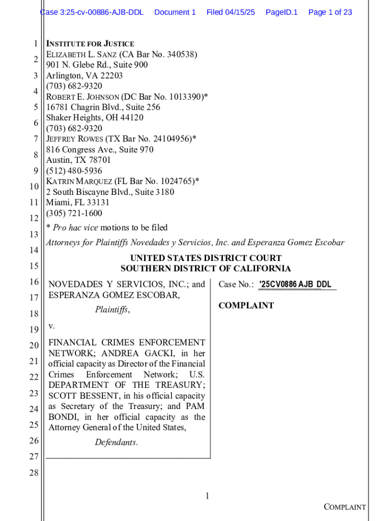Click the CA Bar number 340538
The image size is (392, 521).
click(178, 54)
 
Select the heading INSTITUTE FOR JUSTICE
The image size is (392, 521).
click(90, 44)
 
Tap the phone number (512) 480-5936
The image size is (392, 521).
click(74, 171)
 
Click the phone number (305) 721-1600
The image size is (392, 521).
click(74, 213)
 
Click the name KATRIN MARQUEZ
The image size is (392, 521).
click(79, 182)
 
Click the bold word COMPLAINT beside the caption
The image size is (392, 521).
click(246, 305)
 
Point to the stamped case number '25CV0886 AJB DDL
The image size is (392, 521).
click(295, 284)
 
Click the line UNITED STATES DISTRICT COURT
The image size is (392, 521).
click(206, 258)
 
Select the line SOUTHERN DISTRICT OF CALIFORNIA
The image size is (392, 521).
click(206, 269)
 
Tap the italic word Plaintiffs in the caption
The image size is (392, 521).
click(112, 309)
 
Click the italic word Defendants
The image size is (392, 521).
click(116, 442)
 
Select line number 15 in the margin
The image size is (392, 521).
click(34, 266)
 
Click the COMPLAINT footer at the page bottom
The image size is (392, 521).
click(345, 507)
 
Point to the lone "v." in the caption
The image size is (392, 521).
click(51, 326)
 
